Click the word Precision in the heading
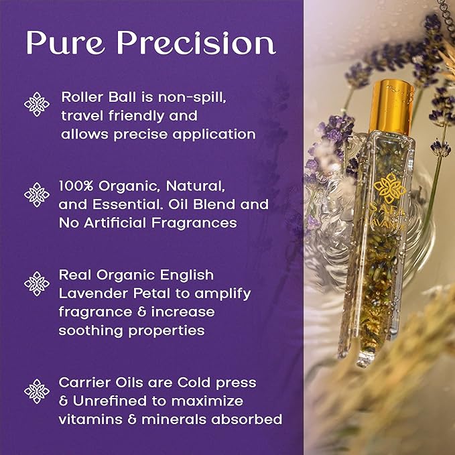click(x=196, y=42)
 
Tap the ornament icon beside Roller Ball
click(x=37, y=104)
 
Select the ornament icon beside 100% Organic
click(x=37, y=195)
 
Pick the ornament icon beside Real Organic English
click(x=37, y=284)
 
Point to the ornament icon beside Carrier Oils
click(x=37, y=391)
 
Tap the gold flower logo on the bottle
click(x=389, y=188)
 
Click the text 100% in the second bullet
click(x=76, y=186)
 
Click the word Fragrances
click(x=194, y=223)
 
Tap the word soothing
click(x=91, y=331)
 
